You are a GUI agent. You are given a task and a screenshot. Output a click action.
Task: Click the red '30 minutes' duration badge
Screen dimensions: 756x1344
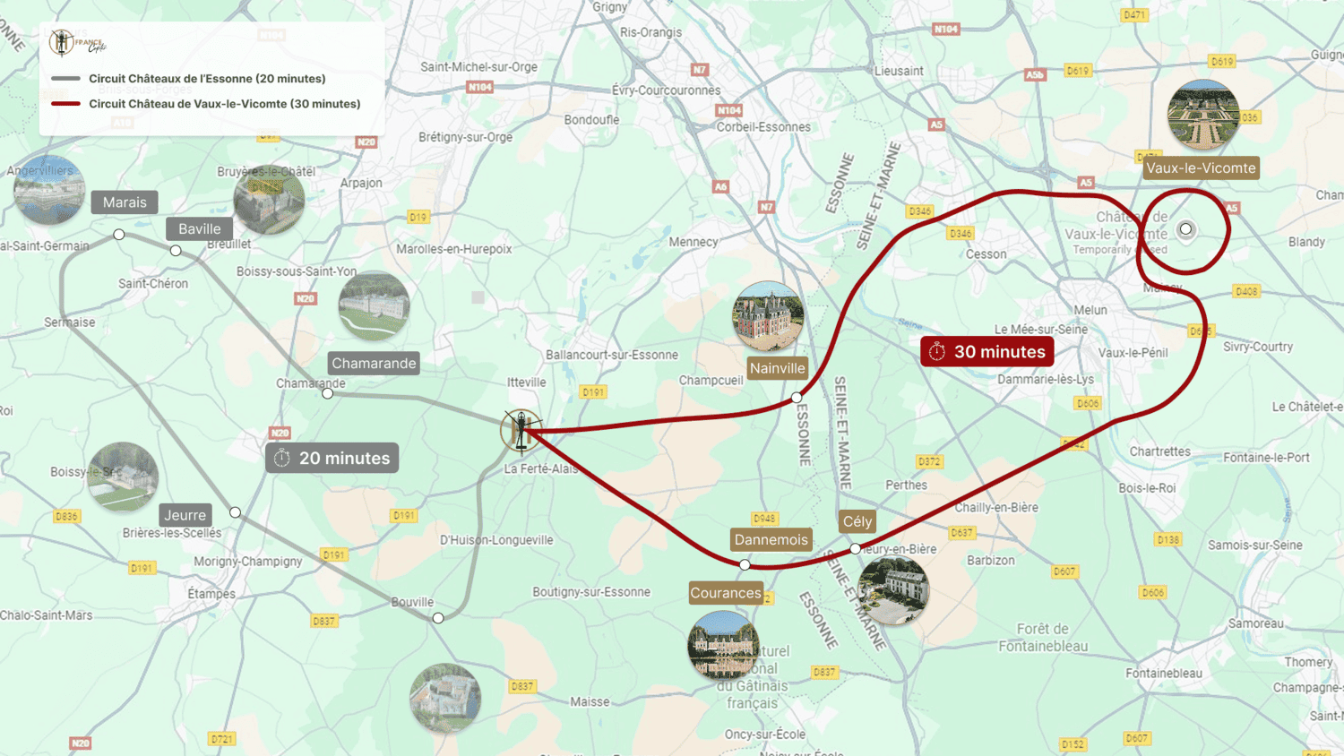click(986, 352)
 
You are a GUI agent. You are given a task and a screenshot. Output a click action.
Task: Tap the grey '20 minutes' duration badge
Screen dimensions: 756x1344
click(332, 459)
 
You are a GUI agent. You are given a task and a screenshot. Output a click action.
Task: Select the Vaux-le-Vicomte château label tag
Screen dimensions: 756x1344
click(1201, 168)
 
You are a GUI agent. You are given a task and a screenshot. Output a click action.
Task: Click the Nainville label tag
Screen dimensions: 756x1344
click(777, 368)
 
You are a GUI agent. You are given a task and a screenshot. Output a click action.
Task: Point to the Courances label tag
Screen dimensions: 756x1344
click(726, 593)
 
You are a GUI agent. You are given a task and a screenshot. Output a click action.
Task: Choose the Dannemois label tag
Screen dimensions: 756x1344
click(771, 539)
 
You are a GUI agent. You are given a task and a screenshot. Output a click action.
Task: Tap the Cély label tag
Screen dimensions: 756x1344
click(857, 521)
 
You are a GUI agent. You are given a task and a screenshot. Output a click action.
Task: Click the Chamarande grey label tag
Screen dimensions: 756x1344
click(374, 364)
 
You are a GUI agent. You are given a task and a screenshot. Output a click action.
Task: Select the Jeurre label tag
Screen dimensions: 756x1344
click(185, 515)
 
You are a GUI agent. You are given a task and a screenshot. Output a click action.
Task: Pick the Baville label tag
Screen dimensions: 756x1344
click(199, 229)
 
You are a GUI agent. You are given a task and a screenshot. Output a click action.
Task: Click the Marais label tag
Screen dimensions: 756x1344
click(125, 202)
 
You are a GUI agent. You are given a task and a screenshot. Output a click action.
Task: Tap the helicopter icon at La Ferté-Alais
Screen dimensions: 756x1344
click(521, 431)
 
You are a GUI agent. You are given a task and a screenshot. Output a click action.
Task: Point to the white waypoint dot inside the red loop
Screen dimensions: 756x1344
click(1186, 229)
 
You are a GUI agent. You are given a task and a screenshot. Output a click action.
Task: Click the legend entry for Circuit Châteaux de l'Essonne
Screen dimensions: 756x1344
click(207, 79)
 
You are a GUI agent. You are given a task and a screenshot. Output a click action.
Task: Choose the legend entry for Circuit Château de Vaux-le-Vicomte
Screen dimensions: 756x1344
click(224, 104)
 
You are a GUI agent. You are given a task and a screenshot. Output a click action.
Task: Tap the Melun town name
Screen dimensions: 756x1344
click(1090, 310)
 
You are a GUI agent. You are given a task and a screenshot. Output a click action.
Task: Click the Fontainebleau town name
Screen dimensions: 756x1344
click(1164, 674)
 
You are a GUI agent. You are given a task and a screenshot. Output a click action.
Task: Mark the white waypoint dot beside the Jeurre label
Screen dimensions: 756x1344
click(235, 512)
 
